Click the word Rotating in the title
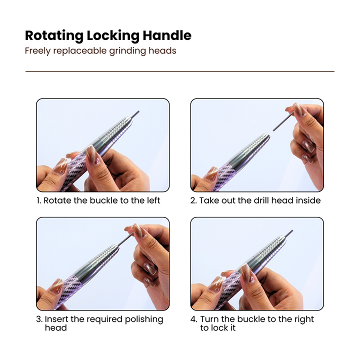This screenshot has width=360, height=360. click(54, 36)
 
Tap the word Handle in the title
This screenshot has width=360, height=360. click(167, 35)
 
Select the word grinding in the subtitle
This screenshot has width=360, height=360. click(127, 51)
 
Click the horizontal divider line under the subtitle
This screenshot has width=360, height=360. click(180, 71)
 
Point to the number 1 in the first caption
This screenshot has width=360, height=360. click(38, 200)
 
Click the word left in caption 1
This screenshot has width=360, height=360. click(153, 200)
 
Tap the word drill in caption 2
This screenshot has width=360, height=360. click(261, 200)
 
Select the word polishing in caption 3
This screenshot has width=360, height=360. click(144, 319)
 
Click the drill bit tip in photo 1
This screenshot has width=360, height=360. click(138, 112)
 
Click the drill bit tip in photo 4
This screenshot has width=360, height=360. click(292, 230)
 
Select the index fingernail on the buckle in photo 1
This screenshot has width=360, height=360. click(93, 154)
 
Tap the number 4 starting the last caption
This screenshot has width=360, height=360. click(193, 319)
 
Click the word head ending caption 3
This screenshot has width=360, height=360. click(56, 328)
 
